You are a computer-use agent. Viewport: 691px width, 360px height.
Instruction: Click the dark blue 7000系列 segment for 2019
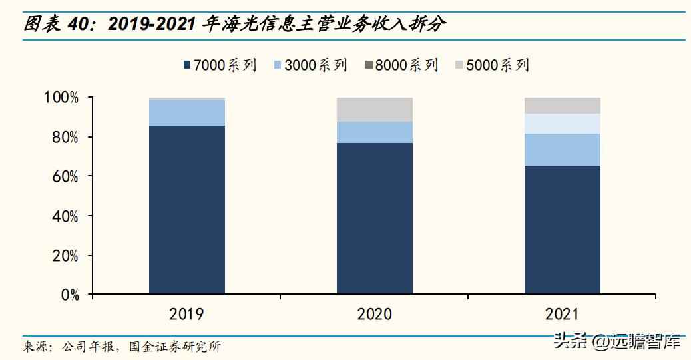click(186, 210)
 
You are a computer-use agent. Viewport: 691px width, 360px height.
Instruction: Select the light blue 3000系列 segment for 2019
click(186, 112)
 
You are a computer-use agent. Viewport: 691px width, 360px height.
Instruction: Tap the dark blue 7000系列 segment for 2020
click(374, 218)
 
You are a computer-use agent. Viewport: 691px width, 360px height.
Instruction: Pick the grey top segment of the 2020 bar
click(374, 110)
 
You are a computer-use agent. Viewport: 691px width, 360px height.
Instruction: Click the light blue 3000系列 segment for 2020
click(374, 132)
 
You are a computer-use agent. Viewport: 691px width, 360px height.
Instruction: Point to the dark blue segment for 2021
click(563, 230)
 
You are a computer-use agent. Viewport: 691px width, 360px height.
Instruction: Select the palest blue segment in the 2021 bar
click(563, 124)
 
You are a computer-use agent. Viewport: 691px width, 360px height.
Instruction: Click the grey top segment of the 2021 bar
click(563, 106)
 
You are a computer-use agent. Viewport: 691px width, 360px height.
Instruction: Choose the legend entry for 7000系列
click(220, 65)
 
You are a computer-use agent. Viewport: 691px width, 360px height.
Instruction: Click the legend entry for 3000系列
click(311, 65)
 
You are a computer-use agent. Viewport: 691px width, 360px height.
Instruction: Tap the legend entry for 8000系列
click(401, 65)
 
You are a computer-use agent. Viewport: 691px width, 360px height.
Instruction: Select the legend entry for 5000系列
click(492, 65)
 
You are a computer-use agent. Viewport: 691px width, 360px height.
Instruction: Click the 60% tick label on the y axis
click(65, 177)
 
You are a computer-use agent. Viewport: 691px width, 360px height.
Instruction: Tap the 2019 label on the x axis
click(186, 314)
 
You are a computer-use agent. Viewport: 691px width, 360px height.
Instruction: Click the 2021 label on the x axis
click(563, 314)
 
